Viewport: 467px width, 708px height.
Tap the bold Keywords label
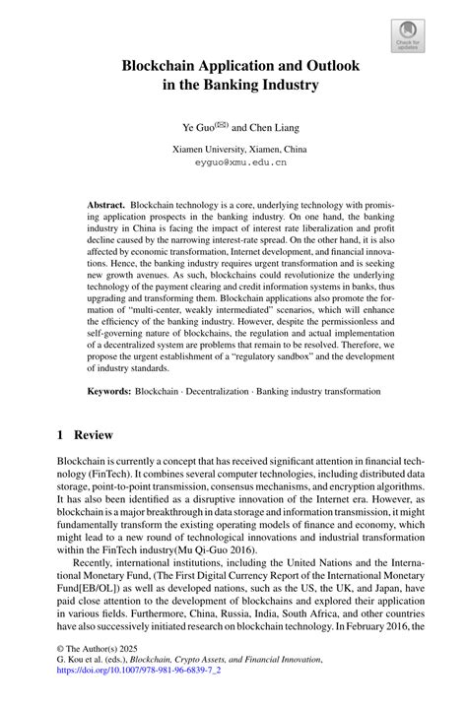109,391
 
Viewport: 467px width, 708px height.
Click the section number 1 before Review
60,435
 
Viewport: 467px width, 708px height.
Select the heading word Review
96,435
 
